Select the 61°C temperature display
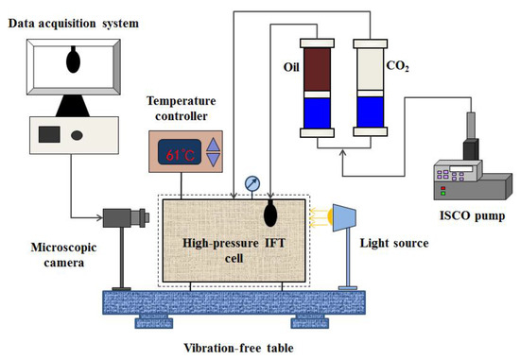click(x=177, y=151)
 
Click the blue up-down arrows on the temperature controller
click(x=213, y=151)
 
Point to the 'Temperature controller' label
click(x=189, y=109)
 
